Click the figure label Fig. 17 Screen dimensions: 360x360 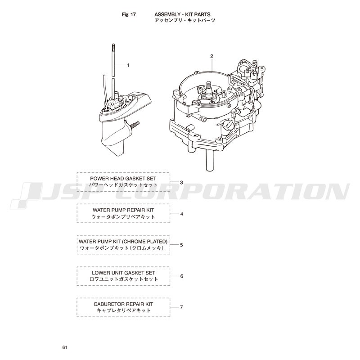point(129,14)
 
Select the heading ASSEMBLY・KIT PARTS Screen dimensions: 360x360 point(182,14)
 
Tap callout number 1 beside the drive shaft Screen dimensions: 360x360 point(128,65)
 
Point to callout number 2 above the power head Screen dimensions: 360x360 point(211,56)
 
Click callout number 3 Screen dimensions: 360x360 point(182,183)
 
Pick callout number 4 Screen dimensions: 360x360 point(182,214)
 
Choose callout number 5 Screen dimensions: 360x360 point(182,245)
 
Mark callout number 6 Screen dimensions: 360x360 point(182,276)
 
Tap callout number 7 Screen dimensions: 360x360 point(182,307)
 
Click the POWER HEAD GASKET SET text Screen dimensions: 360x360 point(123,178)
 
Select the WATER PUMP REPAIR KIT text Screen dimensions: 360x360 point(123,210)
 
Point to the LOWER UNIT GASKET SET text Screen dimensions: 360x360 point(123,273)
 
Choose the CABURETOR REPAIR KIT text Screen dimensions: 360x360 point(123,304)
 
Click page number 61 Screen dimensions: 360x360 point(65,347)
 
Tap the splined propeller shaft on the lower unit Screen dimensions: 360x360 point(135,124)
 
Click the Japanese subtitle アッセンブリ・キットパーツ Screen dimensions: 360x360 point(185,20)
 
